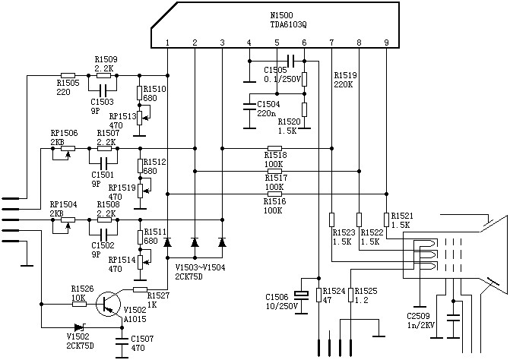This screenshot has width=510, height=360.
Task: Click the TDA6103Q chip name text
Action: (x=288, y=24)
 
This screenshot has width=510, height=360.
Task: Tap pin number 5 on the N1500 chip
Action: (x=277, y=43)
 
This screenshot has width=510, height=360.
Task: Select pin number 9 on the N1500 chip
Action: (x=386, y=43)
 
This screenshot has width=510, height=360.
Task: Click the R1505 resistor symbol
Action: (x=68, y=76)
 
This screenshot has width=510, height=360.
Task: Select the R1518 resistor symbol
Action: (x=274, y=149)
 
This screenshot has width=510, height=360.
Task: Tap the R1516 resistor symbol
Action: (x=274, y=194)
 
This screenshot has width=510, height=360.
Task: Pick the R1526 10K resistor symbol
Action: (x=79, y=304)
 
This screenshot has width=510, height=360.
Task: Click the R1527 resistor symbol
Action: (x=140, y=289)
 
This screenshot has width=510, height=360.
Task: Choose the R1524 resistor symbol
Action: (x=318, y=295)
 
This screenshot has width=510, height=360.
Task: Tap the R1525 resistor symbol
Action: (x=350, y=295)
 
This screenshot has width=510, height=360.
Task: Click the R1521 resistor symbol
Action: (x=386, y=219)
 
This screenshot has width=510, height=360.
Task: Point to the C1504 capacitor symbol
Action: (x=249, y=106)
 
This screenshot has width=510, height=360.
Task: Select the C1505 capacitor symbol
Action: (x=291, y=61)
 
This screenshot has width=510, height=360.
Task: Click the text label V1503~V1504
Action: (x=201, y=268)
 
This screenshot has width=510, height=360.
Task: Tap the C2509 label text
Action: (x=418, y=316)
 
